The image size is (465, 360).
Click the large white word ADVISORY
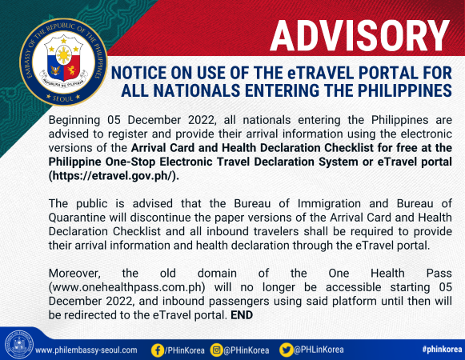point(359,36)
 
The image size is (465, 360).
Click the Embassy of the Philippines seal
point(63,62)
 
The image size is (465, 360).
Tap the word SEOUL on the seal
point(63,98)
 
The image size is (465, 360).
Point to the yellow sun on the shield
point(64,56)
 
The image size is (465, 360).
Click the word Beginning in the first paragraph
point(74,121)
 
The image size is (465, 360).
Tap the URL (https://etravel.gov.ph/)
point(114,176)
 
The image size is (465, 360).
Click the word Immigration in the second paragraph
point(329,204)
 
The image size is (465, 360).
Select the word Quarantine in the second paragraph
point(77,218)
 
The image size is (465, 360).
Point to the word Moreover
point(74,274)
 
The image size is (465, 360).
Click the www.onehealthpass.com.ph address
point(127,287)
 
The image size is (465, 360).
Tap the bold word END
point(242,315)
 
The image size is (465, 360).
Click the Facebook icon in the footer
point(158,350)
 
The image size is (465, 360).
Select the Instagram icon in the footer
point(217,350)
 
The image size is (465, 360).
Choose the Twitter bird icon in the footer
point(286,350)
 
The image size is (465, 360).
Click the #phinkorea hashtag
point(442,350)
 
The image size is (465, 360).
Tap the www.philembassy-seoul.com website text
point(86,350)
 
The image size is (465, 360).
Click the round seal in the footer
point(18,345)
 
